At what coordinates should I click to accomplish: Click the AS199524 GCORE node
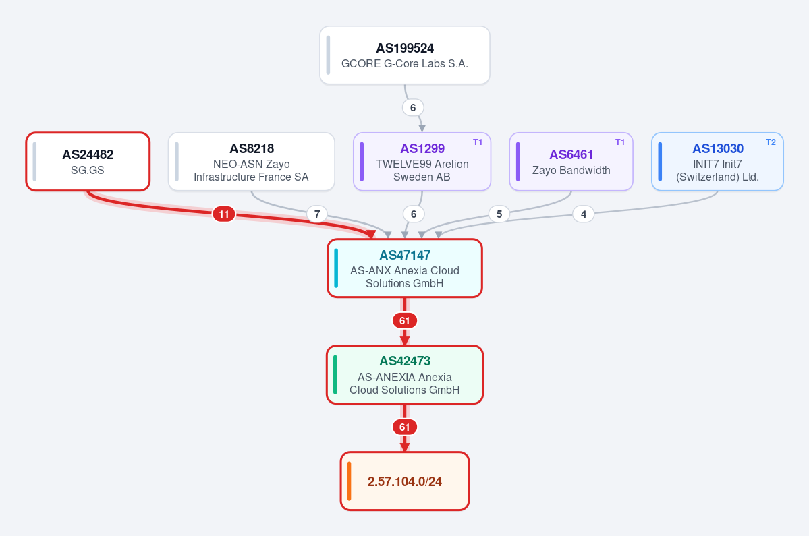[x=405, y=55]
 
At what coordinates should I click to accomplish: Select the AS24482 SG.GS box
[x=88, y=162]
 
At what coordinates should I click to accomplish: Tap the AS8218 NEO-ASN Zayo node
[x=251, y=162]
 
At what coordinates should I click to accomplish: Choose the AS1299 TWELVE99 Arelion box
[x=422, y=162]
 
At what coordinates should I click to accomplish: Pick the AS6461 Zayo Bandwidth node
[x=571, y=162]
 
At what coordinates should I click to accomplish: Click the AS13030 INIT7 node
[x=718, y=162]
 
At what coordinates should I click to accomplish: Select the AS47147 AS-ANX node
[x=405, y=268]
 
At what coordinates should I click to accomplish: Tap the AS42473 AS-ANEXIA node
[x=405, y=375]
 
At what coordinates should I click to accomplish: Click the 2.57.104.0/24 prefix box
[x=405, y=481]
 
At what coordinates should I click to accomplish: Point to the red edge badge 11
[x=224, y=214]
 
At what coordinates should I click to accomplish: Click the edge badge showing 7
[x=317, y=214]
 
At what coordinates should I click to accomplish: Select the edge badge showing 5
[x=499, y=214]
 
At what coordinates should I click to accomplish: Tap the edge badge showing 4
[x=584, y=214]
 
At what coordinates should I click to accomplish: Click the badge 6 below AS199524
[x=413, y=108]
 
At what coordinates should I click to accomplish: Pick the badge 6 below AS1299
[x=413, y=214]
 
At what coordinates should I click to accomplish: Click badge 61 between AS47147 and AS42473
[x=405, y=320]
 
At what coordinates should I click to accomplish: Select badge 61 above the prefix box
[x=405, y=427]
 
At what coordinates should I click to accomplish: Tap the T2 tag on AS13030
[x=771, y=142]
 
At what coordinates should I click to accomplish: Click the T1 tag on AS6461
[x=620, y=142]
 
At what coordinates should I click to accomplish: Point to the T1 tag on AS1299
[x=478, y=142]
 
